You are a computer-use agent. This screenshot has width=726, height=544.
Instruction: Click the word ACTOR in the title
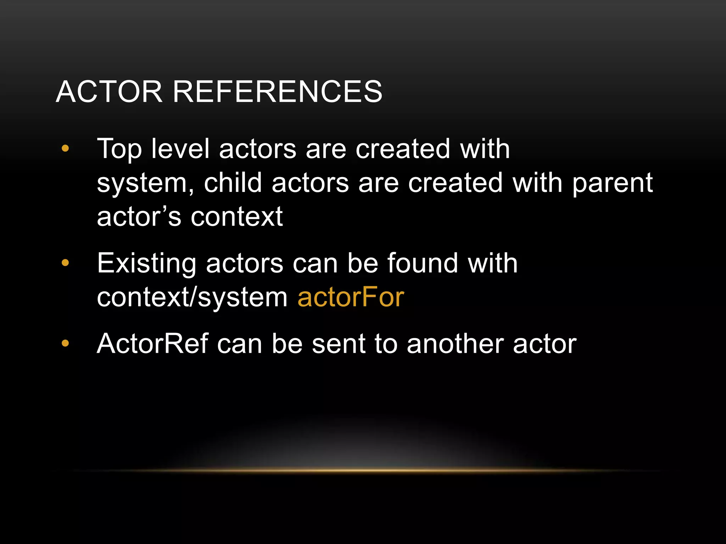pyautogui.click(x=109, y=92)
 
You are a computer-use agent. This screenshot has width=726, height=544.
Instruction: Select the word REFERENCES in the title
pyautogui.click(x=278, y=92)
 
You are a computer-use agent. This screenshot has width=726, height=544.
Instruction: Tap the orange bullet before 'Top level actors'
pyautogui.click(x=65, y=149)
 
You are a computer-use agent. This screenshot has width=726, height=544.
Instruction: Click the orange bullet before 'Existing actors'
pyautogui.click(x=65, y=263)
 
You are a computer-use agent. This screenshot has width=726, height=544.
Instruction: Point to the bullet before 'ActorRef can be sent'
pyautogui.click(x=65, y=343)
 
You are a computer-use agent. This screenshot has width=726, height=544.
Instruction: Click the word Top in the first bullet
pyautogui.click(x=119, y=149)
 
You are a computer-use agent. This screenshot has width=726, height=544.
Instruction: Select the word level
pyautogui.click(x=180, y=149)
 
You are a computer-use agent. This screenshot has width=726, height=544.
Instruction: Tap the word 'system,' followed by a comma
pyautogui.click(x=145, y=183)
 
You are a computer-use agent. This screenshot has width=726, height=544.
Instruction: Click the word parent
pyautogui.click(x=613, y=183)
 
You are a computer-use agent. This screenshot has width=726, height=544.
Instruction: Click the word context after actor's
pyautogui.click(x=237, y=217)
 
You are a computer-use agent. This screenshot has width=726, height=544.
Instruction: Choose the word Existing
pyautogui.click(x=147, y=264)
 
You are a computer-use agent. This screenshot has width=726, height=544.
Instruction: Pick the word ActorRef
pyautogui.click(x=152, y=344)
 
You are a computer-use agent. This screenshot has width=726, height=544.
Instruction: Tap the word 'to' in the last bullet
pyautogui.click(x=386, y=344)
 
